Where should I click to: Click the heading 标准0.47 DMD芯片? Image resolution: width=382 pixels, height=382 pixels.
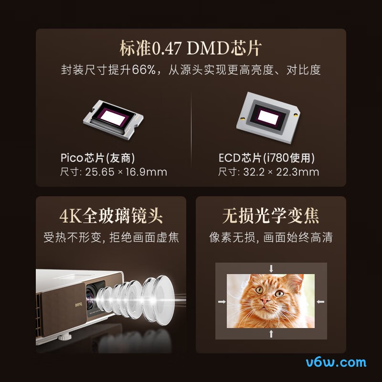pyautogui.click(x=191, y=49)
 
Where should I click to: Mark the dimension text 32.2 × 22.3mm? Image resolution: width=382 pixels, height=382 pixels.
pyautogui.click(x=281, y=172)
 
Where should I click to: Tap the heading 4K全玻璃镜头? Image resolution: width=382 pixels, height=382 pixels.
pyautogui.click(x=111, y=216)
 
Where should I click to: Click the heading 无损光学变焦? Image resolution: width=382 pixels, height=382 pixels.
pyautogui.click(x=271, y=216)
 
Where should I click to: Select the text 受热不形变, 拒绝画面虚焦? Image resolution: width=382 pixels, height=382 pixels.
pyautogui.click(x=111, y=237)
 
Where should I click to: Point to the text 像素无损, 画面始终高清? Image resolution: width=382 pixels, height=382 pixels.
pyautogui.click(x=271, y=237)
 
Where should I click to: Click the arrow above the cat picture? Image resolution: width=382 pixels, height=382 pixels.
pyautogui.click(x=271, y=268)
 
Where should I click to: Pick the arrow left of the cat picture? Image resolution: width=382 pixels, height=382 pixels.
pyautogui.click(x=222, y=301)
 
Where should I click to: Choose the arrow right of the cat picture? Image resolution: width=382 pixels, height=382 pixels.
pyautogui.click(x=321, y=301)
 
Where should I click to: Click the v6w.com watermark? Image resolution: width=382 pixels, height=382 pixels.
pyautogui.click(x=336, y=362)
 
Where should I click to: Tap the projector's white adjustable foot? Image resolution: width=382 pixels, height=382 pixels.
pyautogui.click(x=63, y=338)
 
